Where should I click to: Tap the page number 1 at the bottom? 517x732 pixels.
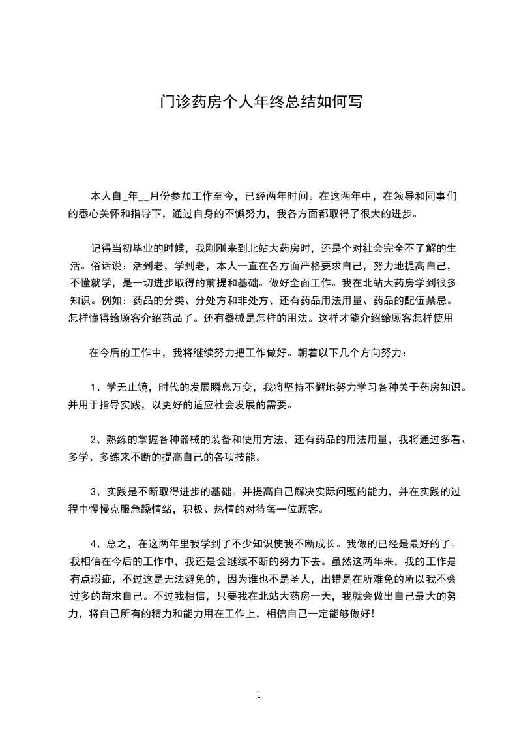click(x=259, y=695)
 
